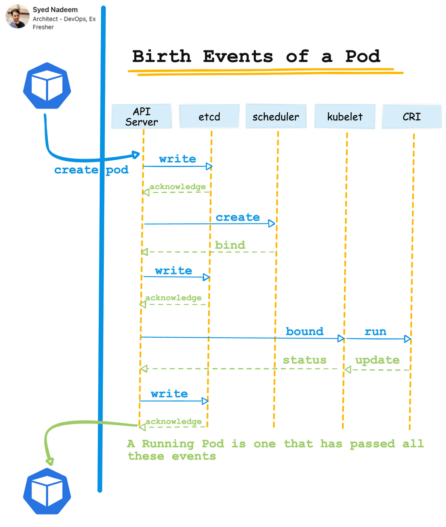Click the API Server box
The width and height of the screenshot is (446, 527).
(x=141, y=116)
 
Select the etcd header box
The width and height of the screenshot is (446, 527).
(x=209, y=116)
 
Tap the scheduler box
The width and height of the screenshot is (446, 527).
(x=276, y=116)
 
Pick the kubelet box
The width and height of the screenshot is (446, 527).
(x=345, y=116)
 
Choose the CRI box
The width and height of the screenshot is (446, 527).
(x=412, y=116)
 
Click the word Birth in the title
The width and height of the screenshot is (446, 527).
(x=161, y=56)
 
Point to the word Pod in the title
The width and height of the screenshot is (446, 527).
(x=363, y=56)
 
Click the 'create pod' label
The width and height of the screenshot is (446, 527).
(x=91, y=170)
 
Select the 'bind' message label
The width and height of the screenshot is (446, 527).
(x=230, y=245)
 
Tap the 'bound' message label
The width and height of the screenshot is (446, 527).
(x=305, y=331)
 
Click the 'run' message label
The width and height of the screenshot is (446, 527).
(x=376, y=331)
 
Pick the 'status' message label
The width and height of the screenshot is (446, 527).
(x=305, y=360)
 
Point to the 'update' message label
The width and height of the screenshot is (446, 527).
(x=377, y=360)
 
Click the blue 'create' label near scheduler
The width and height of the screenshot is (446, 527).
(x=238, y=217)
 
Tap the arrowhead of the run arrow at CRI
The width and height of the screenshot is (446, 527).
(x=408, y=339)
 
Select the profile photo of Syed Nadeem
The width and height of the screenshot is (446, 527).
(x=18, y=17)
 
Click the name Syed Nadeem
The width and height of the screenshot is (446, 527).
(x=55, y=9)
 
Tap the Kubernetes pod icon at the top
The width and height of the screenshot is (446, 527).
(x=47, y=86)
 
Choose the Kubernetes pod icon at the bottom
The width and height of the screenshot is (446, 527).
(x=47, y=492)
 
